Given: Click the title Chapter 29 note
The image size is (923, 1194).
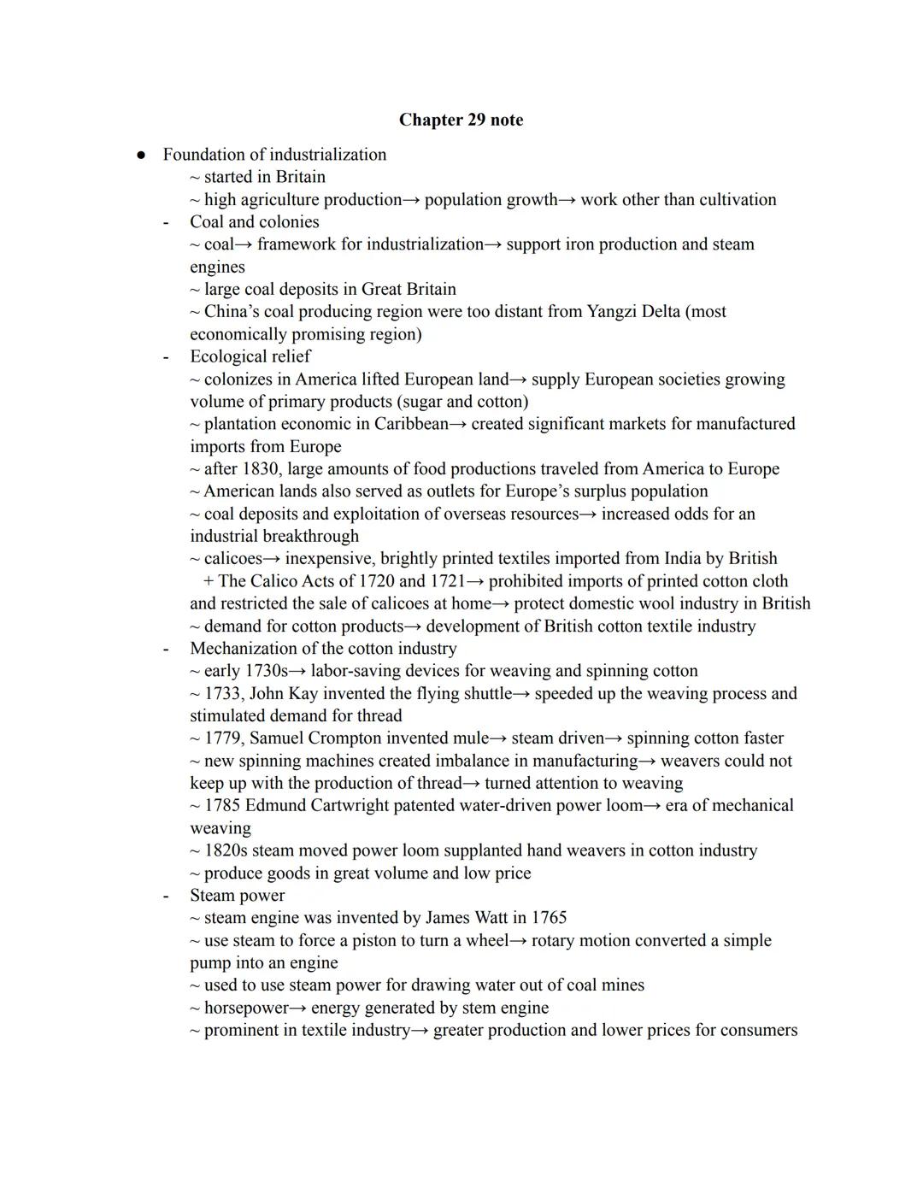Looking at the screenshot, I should [x=461, y=120].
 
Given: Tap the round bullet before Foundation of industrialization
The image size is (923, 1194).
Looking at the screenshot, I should [x=141, y=155].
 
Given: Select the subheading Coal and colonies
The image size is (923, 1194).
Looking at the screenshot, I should [x=254, y=222].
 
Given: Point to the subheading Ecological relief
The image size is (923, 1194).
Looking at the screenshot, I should [x=250, y=356].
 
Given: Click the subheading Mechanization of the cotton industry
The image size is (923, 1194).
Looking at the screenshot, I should [x=323, y=649].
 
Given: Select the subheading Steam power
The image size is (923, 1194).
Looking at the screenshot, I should [x=237, y=896].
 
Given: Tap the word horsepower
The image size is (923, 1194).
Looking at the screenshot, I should [x=246, y=1009].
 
